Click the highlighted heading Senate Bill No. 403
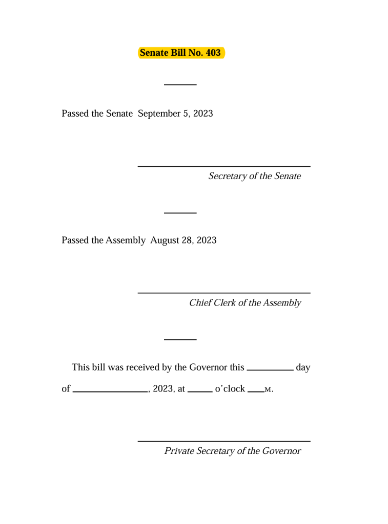click(x=181, y=53)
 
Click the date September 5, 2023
click(x=175, y=113)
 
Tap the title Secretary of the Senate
click(x=254, y=177)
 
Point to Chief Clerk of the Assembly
click(x=245, y=303)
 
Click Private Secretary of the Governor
click(x=232, y=451)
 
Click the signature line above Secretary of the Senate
click(x=224, y=166)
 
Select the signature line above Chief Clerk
click(x=224, y=293)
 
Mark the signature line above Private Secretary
click(x=224, y=441)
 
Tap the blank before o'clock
click(x=200, y=391)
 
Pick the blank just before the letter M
click(x=255, y=391)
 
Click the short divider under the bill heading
click(x=180, y=84)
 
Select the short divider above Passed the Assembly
click(x=180, y=212)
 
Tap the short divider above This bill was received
click(x=180, y=339)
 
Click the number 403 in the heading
click(x=213, y=53)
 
